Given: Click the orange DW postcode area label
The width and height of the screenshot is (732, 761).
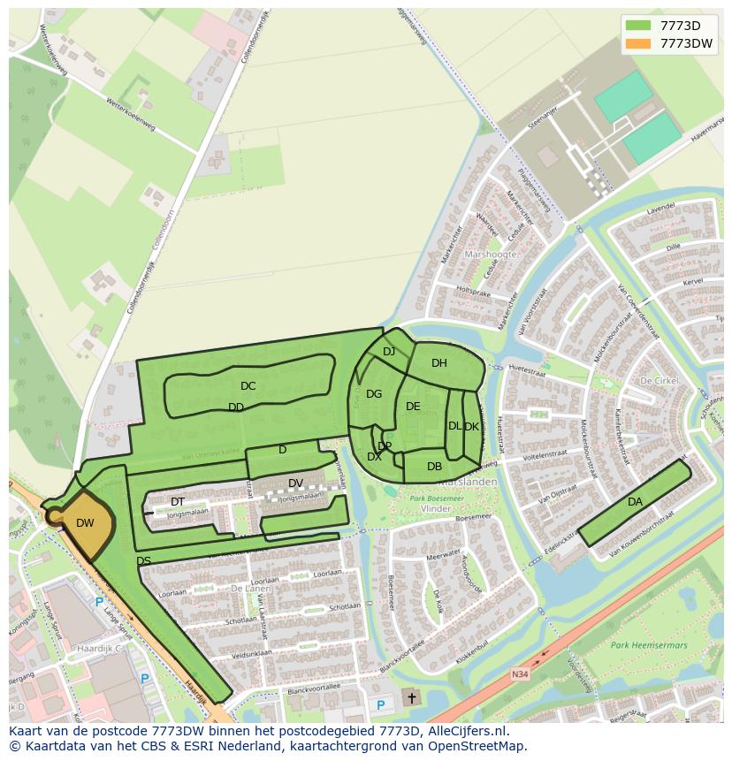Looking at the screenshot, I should pos(85,523).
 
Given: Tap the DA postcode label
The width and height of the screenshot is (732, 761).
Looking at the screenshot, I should pos(635,502).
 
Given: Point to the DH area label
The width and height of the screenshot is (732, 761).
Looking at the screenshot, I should pos(439,363).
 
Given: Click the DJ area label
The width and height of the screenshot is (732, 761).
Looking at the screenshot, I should pos(389,352).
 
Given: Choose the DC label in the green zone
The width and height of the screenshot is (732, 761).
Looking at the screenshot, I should pos(248,386).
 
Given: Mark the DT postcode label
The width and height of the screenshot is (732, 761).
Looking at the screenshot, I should pos(178,502).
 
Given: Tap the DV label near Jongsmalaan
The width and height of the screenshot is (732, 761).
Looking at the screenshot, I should pos(296,483).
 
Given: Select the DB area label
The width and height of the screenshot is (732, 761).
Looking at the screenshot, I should pos(434,467).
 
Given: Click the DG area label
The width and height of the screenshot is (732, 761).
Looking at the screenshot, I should pos(374,394).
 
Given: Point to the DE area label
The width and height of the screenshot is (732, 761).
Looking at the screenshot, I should pos(413,407).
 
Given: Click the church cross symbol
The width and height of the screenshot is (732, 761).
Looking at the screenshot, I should pos(411,698).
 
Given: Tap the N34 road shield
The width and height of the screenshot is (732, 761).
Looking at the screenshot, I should pos(520,674).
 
